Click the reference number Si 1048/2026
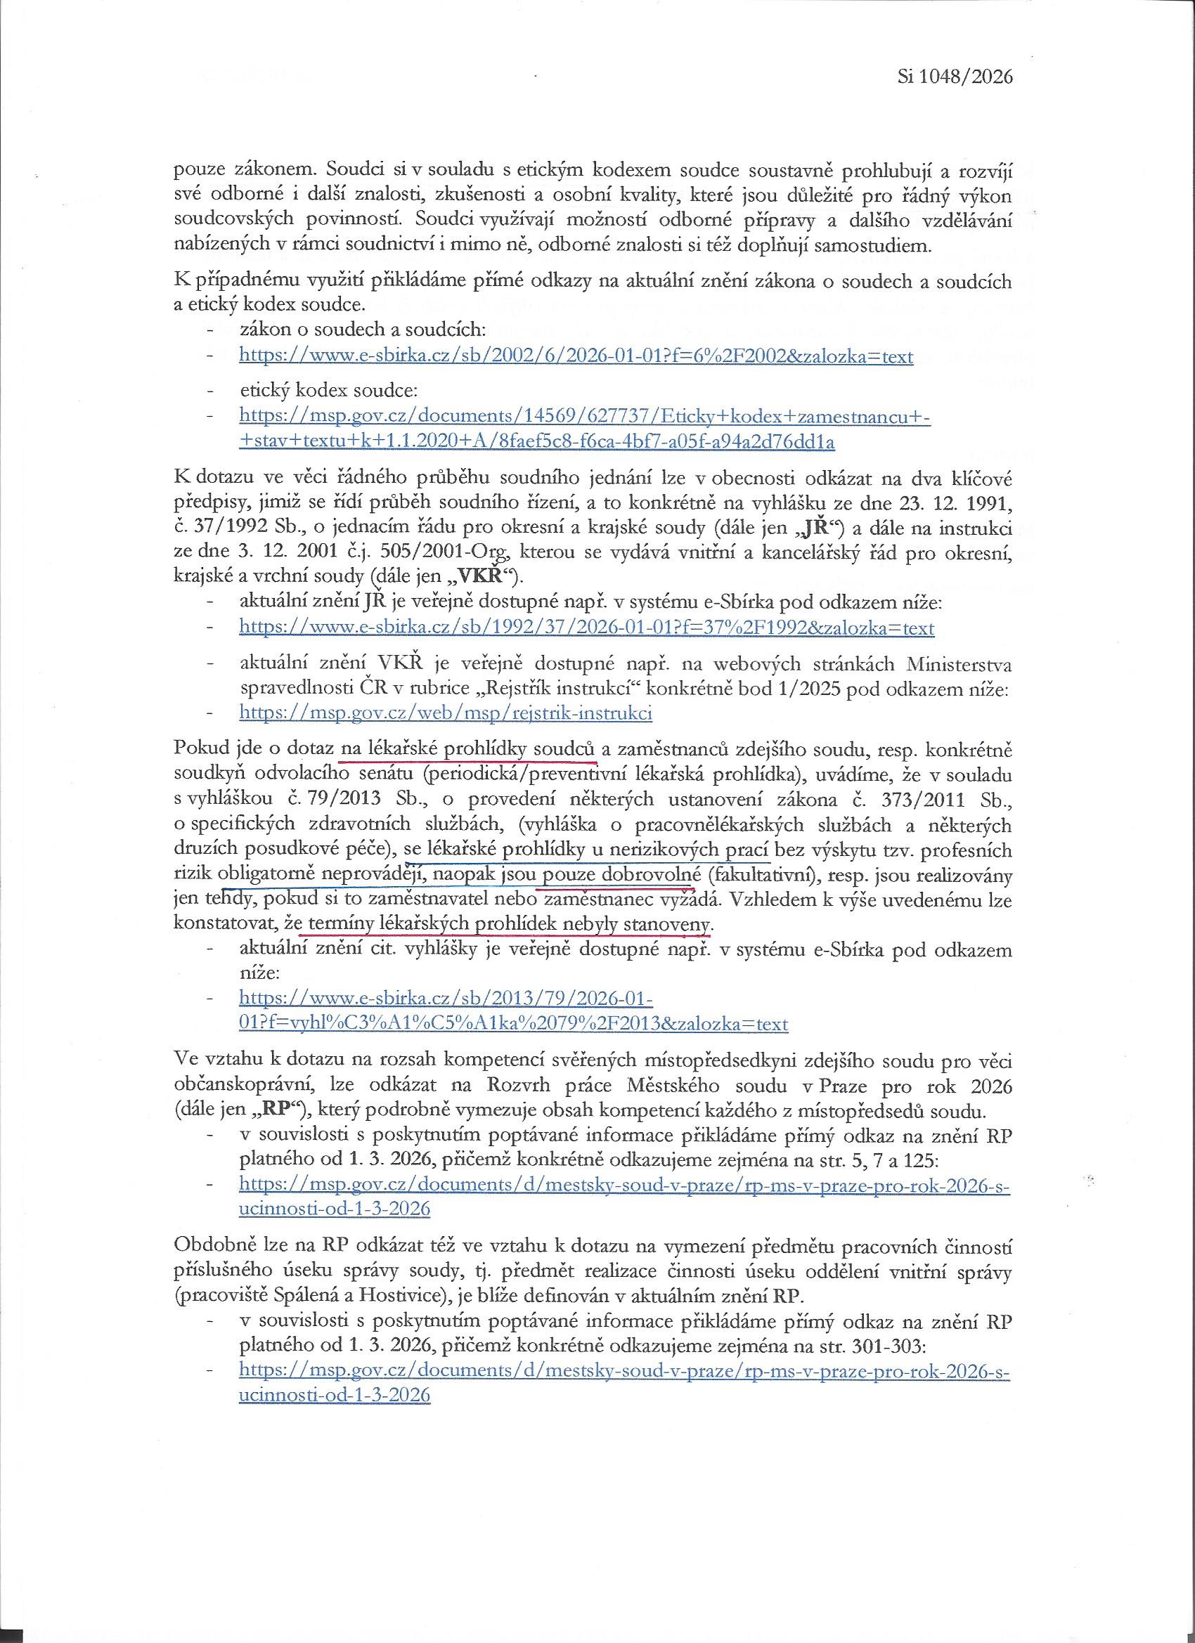[955, 77]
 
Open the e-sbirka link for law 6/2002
[576, 356]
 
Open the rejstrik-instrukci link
[446, 713]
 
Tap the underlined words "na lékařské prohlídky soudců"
[468, 748]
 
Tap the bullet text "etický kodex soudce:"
[329, 391]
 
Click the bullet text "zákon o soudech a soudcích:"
[361, 330]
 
